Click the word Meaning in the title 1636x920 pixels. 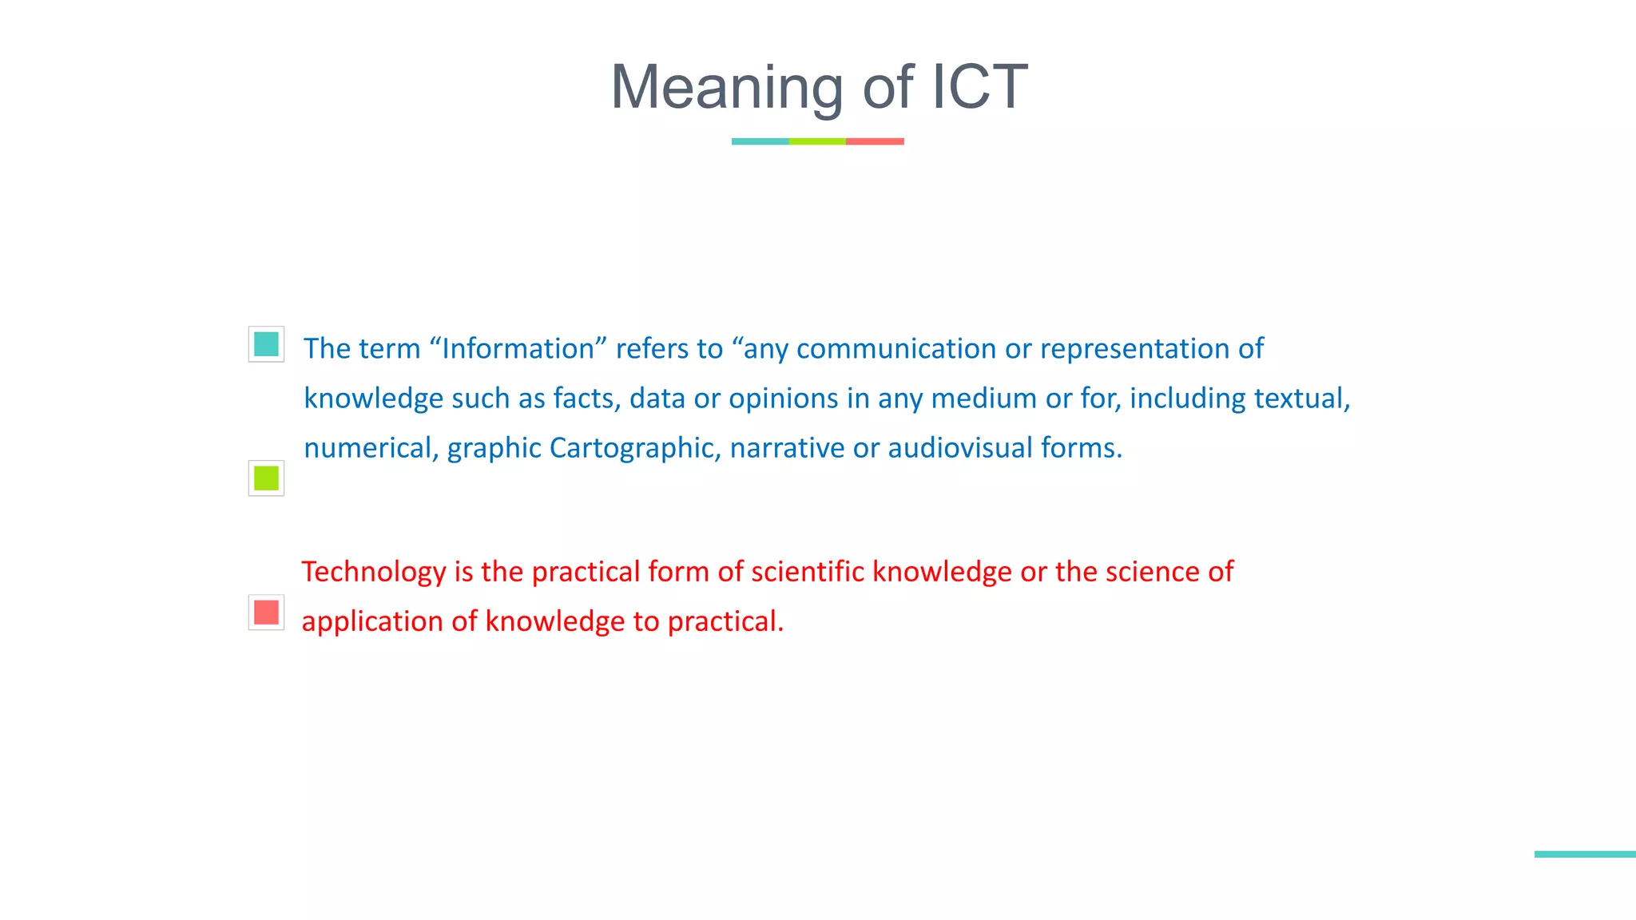(725, 88)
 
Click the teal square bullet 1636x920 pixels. (266, 344)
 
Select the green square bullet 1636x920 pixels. (266, 478)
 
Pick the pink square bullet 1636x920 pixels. (266, 613)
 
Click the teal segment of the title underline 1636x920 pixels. (760, 141)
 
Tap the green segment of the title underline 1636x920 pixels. (817, 141)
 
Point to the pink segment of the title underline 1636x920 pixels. (875, 141)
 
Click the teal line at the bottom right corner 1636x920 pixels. (1585, 855)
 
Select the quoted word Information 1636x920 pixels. (518, 349)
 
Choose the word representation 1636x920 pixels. (1134, 349)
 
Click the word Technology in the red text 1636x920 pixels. (374, 573)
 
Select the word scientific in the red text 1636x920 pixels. (808, 572)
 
